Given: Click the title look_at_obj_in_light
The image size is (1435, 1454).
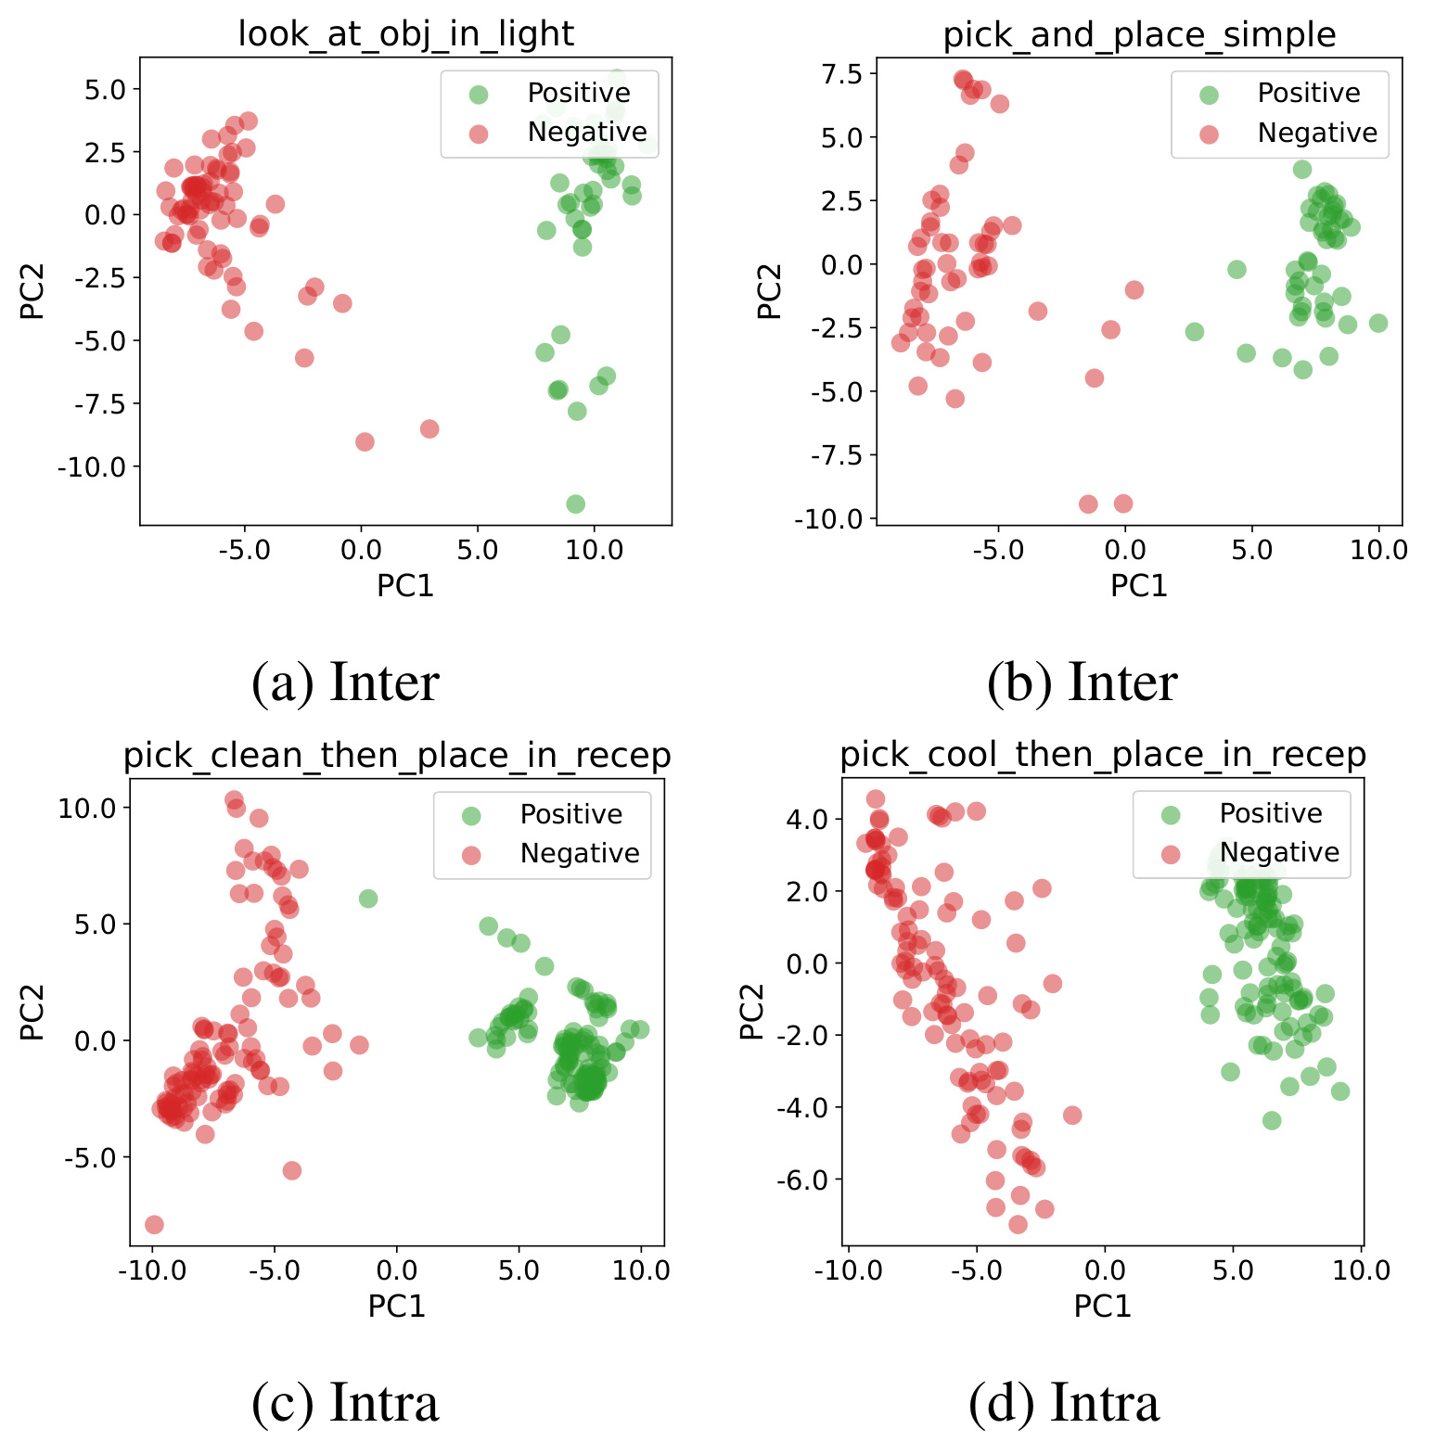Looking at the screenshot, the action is tap(406, 33).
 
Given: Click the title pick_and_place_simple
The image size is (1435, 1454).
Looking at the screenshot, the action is tap(1139, 34).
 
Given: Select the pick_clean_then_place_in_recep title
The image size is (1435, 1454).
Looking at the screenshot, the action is tap(397, 756).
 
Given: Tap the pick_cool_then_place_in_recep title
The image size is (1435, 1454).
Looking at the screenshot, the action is tap(1103, 755).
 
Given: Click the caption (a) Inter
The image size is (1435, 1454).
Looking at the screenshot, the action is tap(345, 682).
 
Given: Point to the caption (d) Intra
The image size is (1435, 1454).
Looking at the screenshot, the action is tap(1064, 1402).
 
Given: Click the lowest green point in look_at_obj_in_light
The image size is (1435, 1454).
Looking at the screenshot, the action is tap(575, 504).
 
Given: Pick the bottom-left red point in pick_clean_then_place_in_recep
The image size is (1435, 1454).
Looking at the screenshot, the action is tap(154, 1225).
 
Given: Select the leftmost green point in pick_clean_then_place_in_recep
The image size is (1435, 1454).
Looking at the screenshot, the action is tap(368, 899).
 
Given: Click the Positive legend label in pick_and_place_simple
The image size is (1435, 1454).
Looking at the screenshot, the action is tap(1308, 93).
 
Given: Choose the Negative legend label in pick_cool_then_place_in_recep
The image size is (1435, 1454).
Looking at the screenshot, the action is tap(1279, 852).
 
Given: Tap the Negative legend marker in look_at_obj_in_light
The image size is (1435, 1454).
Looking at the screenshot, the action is tap(479, 134).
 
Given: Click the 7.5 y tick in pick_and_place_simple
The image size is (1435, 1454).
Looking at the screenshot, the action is tap(842, 74).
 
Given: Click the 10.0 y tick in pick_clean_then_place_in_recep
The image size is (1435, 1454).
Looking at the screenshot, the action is tap(87, 808).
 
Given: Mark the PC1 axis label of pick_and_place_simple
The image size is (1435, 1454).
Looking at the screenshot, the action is tap(1139, 586).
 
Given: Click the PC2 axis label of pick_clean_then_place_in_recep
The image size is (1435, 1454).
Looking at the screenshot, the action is tap(32, 1013).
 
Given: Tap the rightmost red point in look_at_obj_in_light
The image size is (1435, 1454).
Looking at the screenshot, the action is tap(429, 428).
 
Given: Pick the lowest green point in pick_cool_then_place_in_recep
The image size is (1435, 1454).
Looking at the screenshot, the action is tap(1272, 1120).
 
